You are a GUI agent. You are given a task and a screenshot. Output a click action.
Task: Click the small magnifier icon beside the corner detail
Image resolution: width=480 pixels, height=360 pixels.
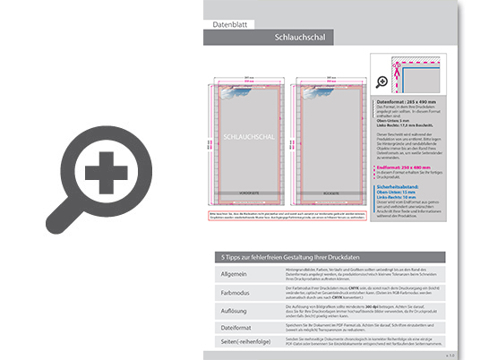(x=381, y=81)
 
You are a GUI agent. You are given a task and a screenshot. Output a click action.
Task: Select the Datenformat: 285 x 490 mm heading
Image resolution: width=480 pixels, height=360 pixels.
(x=408, y=103)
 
